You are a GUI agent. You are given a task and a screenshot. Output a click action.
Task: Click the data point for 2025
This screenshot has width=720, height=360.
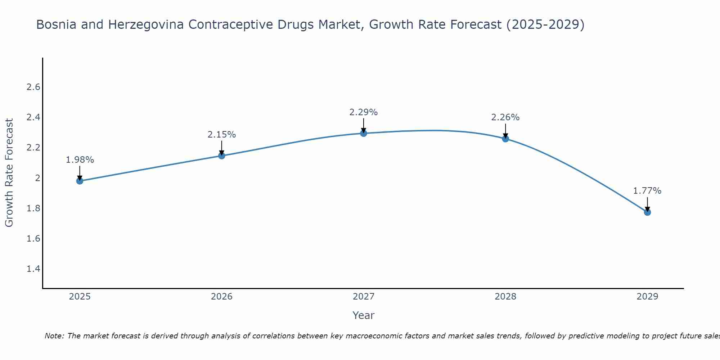pos(80,181)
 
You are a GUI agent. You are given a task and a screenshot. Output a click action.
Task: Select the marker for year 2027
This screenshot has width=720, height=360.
pos(364,133)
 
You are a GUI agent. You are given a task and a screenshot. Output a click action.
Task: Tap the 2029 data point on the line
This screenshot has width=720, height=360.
pos(647,212)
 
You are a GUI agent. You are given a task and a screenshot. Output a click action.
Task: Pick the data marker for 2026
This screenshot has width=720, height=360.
pos(222,156)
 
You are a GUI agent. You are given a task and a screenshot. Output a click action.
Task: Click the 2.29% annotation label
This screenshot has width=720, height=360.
pos(364,112)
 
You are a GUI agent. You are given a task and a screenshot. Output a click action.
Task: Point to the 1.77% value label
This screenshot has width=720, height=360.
pos(647,191)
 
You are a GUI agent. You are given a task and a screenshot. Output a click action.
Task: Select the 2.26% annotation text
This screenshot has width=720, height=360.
pos(505,117)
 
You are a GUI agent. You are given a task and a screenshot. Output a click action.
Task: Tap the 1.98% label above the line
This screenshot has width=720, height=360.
pos(80,160)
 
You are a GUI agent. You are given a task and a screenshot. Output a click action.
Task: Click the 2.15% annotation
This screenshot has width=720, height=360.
pos(222,135)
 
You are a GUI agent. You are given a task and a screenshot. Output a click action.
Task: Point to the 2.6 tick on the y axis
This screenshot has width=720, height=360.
pos(33,87)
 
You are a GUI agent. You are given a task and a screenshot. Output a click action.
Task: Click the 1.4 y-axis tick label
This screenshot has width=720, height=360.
pos(33,269)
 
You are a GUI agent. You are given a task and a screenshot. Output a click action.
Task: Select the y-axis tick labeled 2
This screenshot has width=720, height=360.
pos(37,178)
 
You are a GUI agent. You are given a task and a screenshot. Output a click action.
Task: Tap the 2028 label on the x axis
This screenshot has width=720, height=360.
pos(505,297)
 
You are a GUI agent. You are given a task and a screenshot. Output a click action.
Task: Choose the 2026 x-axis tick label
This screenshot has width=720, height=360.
pos(222,297)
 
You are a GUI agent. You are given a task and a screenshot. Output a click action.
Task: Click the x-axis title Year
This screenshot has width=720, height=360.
pos(364,315)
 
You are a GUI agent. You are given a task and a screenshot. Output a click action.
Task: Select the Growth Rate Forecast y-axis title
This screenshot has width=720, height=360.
pos(9,173)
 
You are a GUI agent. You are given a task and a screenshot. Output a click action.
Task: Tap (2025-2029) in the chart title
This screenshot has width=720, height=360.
pos(545,25)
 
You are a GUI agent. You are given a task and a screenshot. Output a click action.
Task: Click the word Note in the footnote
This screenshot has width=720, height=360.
pos(54,336)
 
